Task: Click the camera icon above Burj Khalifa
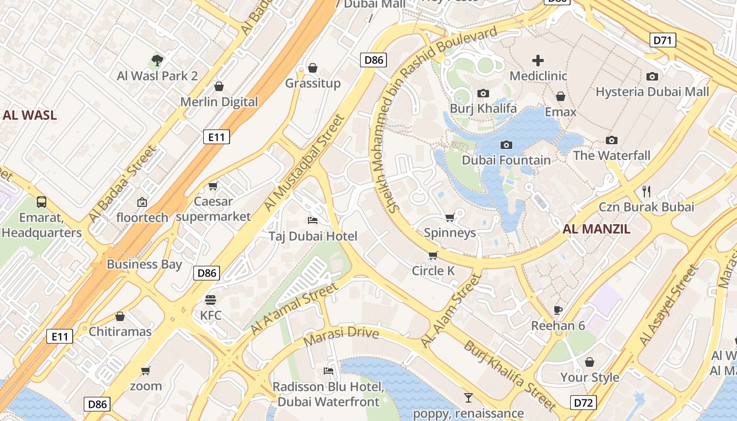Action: [483, 94]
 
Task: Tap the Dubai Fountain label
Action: [506, 160]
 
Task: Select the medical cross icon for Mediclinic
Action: [538, 61]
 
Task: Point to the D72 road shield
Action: [583, 403]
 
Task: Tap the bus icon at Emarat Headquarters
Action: [41, 202]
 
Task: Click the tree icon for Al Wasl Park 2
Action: [157, 60]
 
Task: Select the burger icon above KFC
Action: [211, 300]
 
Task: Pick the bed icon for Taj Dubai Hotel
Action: [313, 220]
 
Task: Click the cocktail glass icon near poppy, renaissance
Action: [468, 398]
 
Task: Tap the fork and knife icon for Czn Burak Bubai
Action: [646, 191]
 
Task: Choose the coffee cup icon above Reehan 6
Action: [558, 310]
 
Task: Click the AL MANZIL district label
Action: [596, 229]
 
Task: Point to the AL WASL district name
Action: [29, 115]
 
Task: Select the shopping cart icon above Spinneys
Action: [450, 217]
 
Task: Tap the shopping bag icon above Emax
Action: [561, 96]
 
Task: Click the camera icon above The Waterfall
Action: [611, 140]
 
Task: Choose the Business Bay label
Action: [144, 264]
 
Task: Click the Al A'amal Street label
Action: [293, 308]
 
